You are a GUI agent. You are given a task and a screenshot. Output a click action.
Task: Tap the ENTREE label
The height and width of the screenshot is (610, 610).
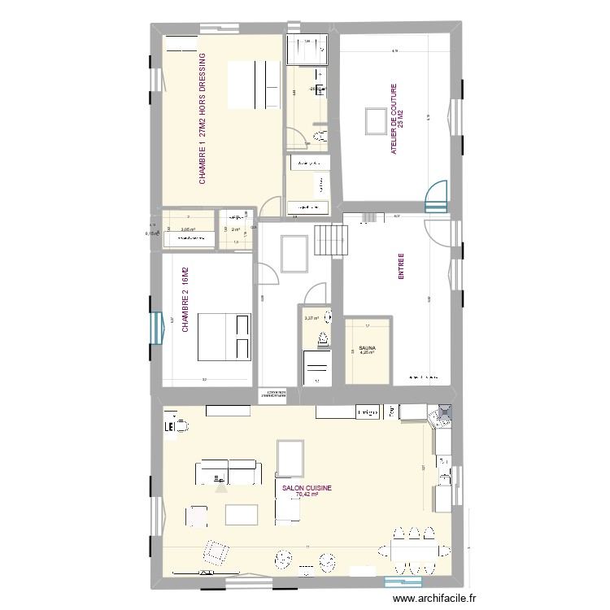coord(401,266)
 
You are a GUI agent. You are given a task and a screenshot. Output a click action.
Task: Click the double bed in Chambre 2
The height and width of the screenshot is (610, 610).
coord(224,336)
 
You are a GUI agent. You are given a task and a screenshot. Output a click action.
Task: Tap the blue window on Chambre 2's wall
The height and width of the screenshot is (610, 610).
coord(155,333)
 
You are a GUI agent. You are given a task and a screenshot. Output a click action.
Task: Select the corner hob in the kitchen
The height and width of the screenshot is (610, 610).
coord(443,416)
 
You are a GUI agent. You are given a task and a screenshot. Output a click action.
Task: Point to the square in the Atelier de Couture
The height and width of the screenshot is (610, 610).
coord(375,120)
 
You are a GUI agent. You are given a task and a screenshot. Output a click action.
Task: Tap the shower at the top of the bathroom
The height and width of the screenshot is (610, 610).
coord(307,49)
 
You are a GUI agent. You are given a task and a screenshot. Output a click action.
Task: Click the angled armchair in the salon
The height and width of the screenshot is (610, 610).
coord(216,552)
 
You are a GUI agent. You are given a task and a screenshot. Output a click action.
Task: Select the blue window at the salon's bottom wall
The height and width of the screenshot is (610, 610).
coord(391,580)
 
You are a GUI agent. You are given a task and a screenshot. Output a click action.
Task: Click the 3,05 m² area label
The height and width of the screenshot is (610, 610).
coord(188,230)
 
